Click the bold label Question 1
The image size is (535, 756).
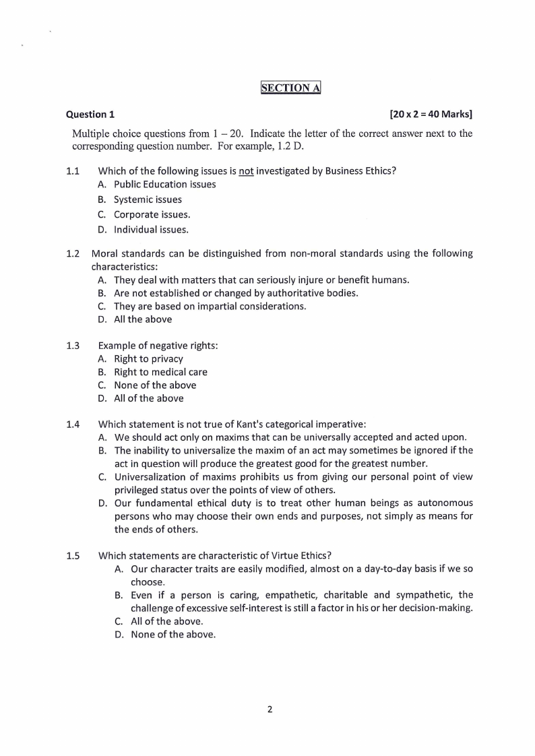pos(90,115)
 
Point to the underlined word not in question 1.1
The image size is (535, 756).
pos(246,171)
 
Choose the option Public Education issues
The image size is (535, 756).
pos(164,185)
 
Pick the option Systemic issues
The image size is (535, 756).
pos(148,199)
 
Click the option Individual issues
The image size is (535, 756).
pos(151,229)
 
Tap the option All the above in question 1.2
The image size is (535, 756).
pos(142,319)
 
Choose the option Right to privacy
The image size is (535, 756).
pos(148,359)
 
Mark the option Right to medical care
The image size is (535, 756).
pos(160,372)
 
